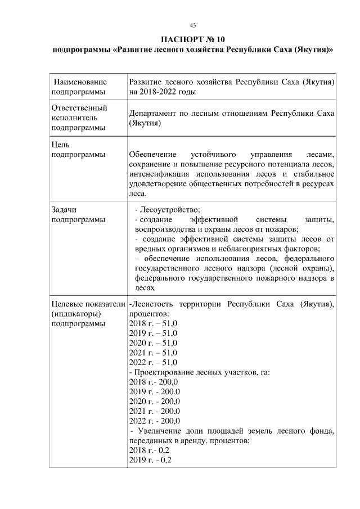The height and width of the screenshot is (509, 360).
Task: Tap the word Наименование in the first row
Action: coord(80,82)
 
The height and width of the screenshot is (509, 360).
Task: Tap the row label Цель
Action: coord(60,144)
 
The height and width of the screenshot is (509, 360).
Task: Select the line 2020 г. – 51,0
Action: coord(153,343)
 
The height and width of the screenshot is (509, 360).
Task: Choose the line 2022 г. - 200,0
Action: coord(154,420)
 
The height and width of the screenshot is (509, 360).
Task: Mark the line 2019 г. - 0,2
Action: coord(150,460)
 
